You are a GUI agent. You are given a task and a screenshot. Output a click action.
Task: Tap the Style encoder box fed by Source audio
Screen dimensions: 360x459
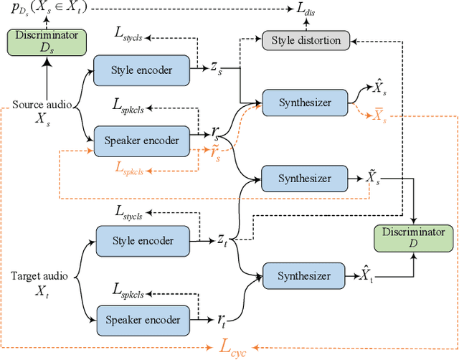point(142,70)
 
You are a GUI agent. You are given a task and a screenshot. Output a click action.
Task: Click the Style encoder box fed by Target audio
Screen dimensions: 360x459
point(142,240)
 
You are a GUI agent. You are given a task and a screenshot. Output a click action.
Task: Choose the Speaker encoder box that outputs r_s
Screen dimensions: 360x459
point(142,140)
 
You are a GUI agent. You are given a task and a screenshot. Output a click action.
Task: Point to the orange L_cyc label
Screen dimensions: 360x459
point(232,349)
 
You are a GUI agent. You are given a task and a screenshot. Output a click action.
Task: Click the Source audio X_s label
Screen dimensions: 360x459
point(42,111)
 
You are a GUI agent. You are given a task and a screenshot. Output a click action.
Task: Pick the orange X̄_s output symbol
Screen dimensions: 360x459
point(379,116)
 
